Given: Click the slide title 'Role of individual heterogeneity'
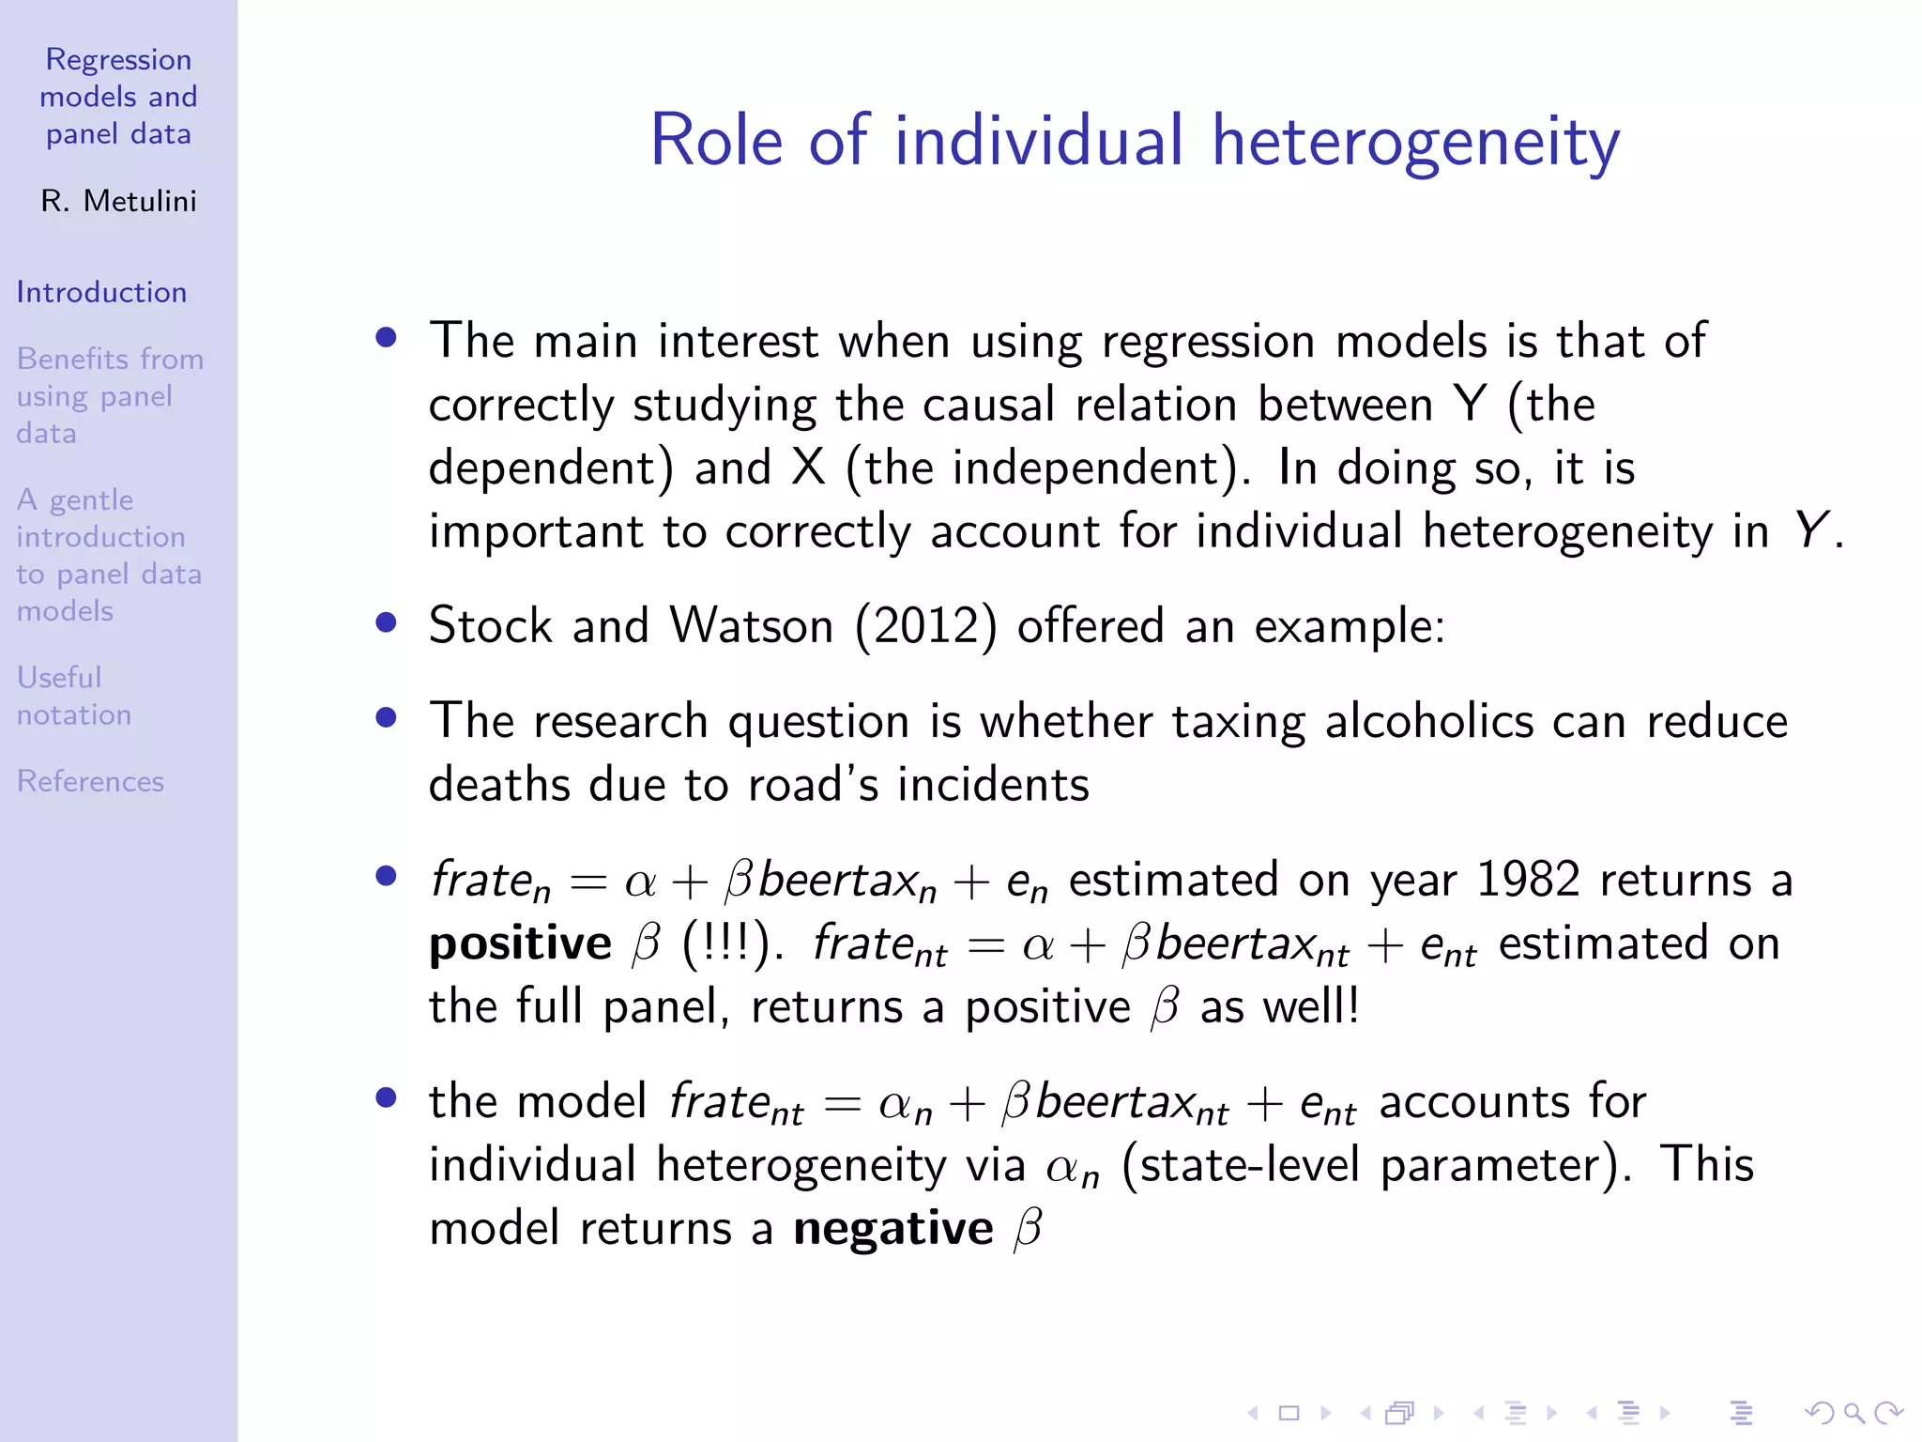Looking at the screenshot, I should pos(1135,141).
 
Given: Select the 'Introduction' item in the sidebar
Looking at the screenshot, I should pos(101,292).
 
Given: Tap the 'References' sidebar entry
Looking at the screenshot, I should pos(90,781).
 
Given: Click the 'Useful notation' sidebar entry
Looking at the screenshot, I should pos(73,696).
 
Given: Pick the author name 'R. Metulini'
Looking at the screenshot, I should pos(118,201).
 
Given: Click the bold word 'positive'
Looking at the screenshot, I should pos(520,943).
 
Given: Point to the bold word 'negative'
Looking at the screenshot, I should pos(892,1228).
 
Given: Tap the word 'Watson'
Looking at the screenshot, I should pos(751,625).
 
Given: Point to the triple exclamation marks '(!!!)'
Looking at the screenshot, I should pos(727,943).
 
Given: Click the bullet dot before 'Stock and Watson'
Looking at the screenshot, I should pos(386,622).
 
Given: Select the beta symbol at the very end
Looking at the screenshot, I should pos(1028,1228).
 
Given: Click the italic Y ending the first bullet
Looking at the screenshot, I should pos(1811,530).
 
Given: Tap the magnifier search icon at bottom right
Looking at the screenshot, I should pos(1853,1413).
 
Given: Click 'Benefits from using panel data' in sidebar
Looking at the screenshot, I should pos(109,396).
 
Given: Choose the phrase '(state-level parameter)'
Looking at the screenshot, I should pos(1376,1165).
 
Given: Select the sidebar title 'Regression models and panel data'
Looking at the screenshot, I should pos(118,97).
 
